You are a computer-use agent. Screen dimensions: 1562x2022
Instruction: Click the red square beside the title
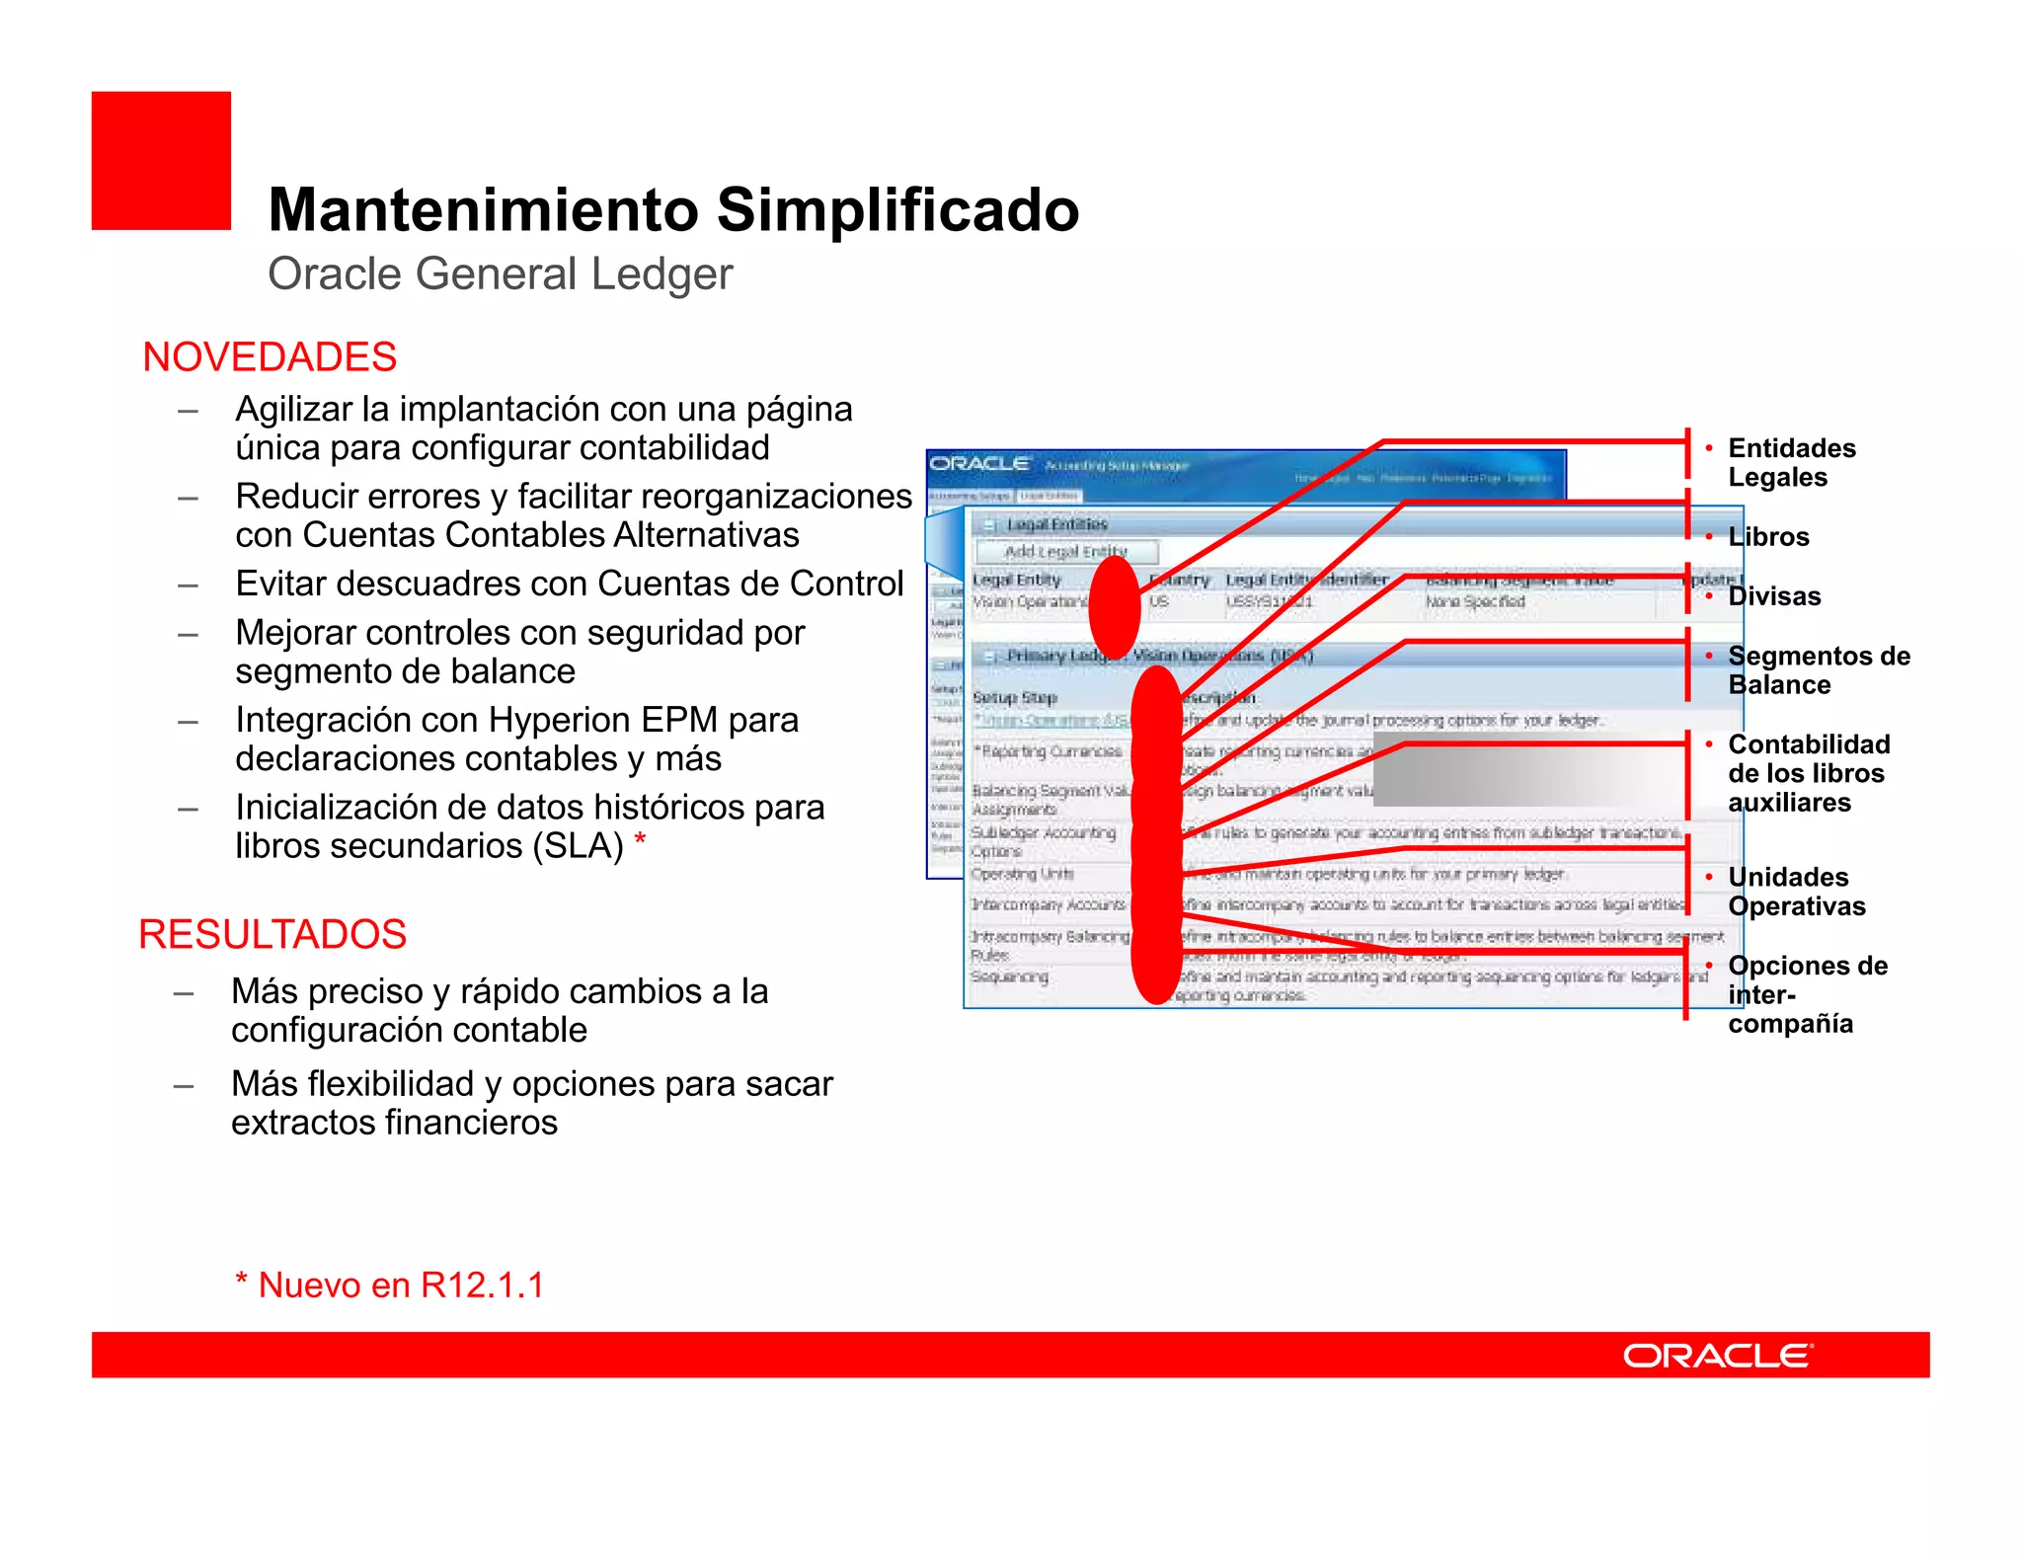click(x=161, y=161)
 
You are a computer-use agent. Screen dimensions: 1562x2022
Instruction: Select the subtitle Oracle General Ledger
click(x=500, y=273)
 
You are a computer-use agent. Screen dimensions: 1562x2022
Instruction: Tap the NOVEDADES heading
click(x=270, y=356)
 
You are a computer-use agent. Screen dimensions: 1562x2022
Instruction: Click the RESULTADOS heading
click(x=272, y=934)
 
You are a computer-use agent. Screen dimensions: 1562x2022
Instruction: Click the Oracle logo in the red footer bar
click(x=1718, y=1356)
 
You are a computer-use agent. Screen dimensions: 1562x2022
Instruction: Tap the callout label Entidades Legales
click(x=1791, y=462)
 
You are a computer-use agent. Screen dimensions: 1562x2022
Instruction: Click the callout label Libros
click(x=1768, y=537)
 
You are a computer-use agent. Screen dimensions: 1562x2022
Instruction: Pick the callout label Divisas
click(x=1774, y=596)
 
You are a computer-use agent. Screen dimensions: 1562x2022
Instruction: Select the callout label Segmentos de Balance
click(x=1818, y=669)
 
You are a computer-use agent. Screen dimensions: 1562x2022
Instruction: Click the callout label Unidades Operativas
click(x=1796, y=891)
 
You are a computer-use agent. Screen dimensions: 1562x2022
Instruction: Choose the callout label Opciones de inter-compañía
click(x=1807, y=993)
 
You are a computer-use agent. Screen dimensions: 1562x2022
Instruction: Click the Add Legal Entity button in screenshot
click(x=1066, y=551)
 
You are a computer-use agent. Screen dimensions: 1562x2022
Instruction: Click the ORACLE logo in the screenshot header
click(x=980, y=464)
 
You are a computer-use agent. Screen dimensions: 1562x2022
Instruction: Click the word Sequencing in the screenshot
click(x=1009, y=976)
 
